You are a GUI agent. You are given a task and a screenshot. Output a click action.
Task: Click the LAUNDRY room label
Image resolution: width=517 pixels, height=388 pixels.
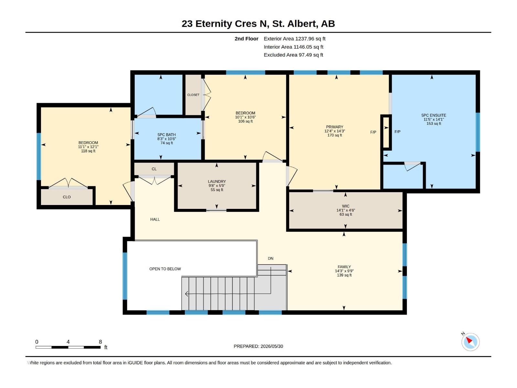(x=217, y=181)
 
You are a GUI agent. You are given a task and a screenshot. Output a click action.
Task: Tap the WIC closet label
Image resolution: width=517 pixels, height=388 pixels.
(x=345, y=206)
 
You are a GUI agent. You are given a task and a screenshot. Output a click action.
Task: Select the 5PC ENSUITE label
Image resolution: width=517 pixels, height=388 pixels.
(x=434, y=115)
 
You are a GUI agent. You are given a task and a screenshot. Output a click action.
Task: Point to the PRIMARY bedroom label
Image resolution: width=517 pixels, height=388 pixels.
(x=334, y=127)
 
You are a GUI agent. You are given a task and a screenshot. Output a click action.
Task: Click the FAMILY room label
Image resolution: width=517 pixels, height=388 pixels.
(x=344, y=267)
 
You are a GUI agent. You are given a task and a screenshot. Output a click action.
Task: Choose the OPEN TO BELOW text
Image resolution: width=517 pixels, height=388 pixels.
(x=165, y=269)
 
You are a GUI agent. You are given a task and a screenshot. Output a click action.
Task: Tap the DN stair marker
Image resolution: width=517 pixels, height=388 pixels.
(x=270, y=258)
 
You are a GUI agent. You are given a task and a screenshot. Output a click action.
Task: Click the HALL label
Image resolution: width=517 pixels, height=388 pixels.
(x=155, y=219)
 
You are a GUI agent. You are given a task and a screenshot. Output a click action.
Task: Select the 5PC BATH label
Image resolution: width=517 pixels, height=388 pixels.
(x=166, y=135)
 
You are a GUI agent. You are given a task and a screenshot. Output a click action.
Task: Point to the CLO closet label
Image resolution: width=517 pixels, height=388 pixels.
(x=67, y=197)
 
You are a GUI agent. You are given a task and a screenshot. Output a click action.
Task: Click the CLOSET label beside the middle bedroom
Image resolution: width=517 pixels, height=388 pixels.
(x=193, y=95)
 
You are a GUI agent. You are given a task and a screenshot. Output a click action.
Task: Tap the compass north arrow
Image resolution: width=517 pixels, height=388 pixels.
(x=469, y=340)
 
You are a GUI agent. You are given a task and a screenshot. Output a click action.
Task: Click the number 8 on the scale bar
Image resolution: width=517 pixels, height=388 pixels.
(x=100, y=341)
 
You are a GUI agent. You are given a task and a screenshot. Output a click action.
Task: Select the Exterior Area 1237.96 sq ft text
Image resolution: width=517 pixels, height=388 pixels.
(x=294, y=38)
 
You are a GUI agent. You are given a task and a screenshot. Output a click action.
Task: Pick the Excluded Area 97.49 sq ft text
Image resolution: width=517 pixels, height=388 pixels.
(x=293, y=55)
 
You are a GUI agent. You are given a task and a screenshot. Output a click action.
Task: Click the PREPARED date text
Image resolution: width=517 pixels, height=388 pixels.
(x=258, y=346)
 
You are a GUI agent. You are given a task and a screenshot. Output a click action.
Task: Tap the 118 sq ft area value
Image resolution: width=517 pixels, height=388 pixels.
(x=88, y=151)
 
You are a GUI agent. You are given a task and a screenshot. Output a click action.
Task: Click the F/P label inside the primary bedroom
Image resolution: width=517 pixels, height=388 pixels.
(x=373, y=132)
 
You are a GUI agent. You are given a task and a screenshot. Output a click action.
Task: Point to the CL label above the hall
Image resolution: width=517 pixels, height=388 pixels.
(x=154, y=169)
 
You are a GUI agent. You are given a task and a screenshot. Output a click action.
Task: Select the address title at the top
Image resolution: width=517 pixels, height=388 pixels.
(x=258, y=24)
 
